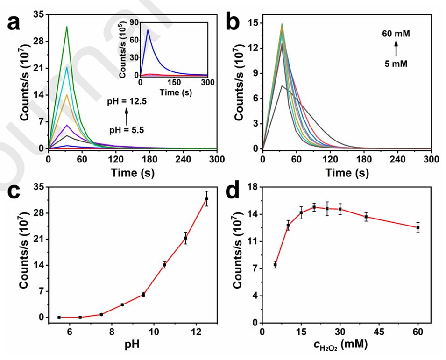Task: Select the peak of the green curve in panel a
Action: coord(67,27)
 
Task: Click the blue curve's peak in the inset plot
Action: coord(148,30)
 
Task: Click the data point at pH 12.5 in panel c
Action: coord(206,199)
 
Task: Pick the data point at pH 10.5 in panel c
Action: coord(164,265)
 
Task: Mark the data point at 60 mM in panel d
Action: coord(418,227)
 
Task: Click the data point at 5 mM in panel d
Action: coord(275,265)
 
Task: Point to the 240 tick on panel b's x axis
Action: coord(397,159)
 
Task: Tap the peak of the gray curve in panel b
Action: coord(282,86)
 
